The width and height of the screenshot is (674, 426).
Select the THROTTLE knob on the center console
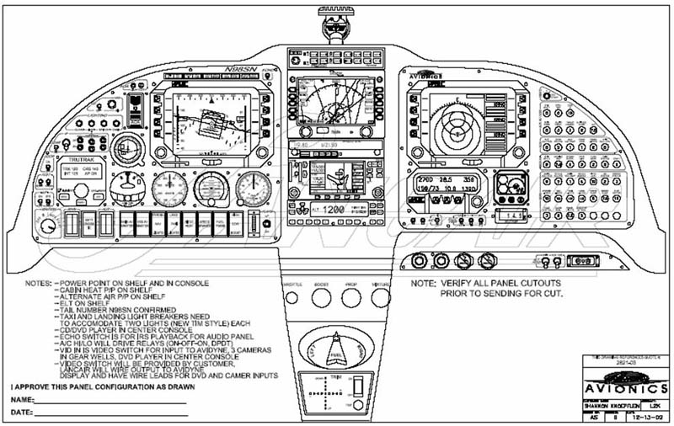[x=293, y=297]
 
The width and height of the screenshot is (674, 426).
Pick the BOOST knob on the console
[x=322, y=297]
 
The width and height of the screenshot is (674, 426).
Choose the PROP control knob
[x=350, y=297]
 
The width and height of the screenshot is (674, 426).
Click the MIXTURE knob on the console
[x=380, y=297]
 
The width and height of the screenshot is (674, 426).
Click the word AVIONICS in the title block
[x=622, y=391]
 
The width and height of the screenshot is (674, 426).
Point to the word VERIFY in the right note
[x=462, y=283]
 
